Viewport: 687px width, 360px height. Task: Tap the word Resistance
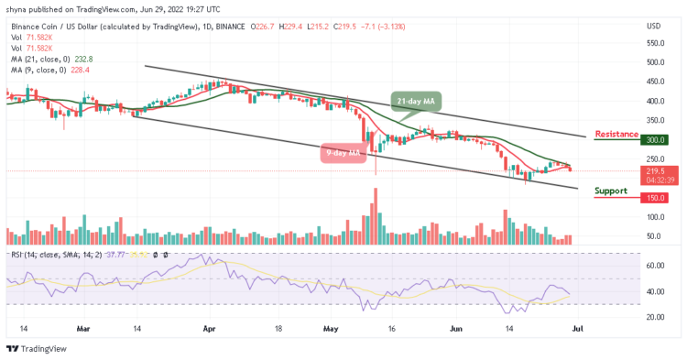tap(616, 134)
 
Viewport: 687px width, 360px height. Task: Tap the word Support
tap(610, 191)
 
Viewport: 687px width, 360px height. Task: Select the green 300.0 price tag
tap(654, 139)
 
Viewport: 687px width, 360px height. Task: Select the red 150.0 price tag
tap(654, 197)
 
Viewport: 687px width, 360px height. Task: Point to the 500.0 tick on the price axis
tap(654, 62)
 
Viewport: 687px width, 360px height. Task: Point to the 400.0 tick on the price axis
tap(654, 101)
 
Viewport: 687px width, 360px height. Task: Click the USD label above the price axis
tap(654, 25)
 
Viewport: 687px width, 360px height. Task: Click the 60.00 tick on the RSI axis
tap(654, 266)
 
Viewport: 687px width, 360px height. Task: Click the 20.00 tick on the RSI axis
tap(654, 317)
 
